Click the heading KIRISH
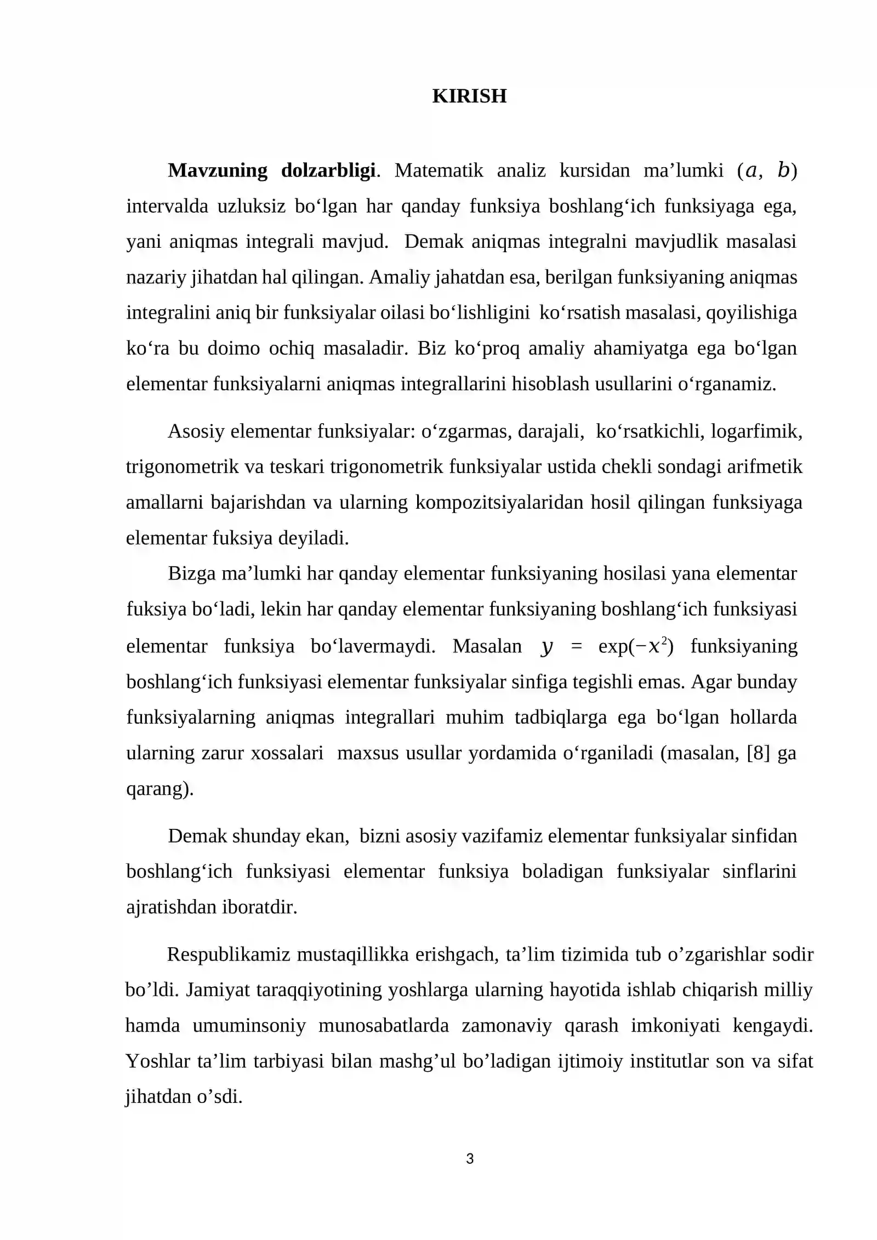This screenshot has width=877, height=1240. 469,96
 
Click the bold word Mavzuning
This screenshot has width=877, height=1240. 217,170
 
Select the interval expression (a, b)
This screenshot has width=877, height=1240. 767,170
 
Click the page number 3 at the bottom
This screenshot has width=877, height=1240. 469,1159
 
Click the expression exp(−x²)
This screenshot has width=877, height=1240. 635,646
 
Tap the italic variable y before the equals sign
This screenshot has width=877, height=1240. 546,647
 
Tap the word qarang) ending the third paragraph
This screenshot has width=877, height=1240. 160,789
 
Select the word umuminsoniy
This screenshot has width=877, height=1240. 249,1026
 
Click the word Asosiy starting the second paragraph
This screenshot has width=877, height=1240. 196,431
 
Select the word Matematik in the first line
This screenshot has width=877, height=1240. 438,170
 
